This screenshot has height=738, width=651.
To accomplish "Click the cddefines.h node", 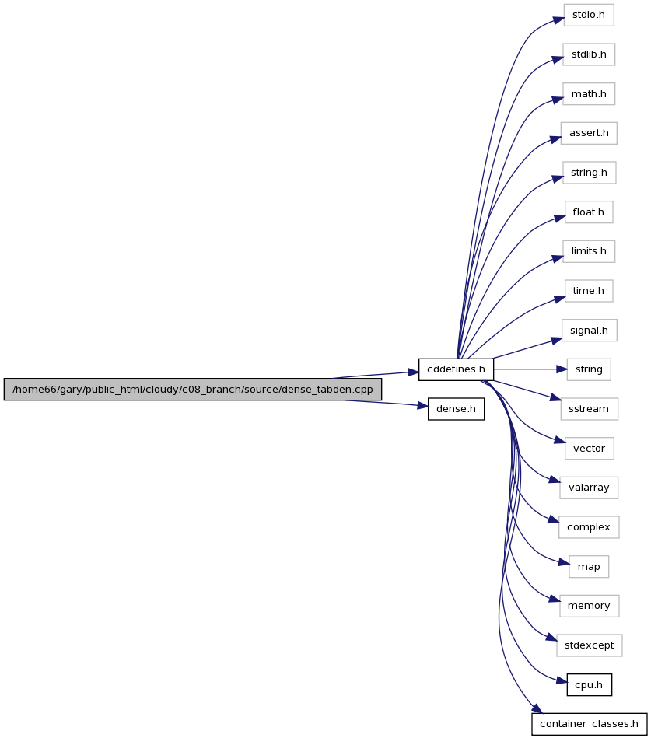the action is coord(456,369).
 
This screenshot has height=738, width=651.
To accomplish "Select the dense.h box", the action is coord(456,409).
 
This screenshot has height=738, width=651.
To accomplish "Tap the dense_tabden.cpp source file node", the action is coord(193,390).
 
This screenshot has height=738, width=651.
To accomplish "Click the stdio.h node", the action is coord(589,15).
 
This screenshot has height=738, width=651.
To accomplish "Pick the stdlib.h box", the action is coord(589,54).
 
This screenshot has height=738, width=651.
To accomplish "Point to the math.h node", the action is coord(589,94).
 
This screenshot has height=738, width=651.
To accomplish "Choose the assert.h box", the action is coord(589,133).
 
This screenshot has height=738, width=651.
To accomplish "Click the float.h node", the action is coord(589,212).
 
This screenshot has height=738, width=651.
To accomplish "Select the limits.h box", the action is coord(589,251).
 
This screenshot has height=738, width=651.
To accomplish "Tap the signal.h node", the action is coord(589,331).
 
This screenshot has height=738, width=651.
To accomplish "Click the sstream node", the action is coord(589,409).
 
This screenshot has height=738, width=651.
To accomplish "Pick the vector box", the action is coord(589,449).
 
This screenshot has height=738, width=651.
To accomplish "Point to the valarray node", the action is coord(589,488).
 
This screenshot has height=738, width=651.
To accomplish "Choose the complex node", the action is coord(589,527).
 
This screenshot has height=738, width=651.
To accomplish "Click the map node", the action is coord(589,567).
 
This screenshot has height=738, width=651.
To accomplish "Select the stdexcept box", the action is coord(589,645).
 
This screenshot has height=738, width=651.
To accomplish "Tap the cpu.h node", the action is coord(589,685).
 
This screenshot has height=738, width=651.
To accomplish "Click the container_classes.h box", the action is coord(589,724).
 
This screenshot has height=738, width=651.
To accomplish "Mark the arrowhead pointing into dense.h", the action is coord(422,405).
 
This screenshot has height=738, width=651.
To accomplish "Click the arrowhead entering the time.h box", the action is coord(559,299).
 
